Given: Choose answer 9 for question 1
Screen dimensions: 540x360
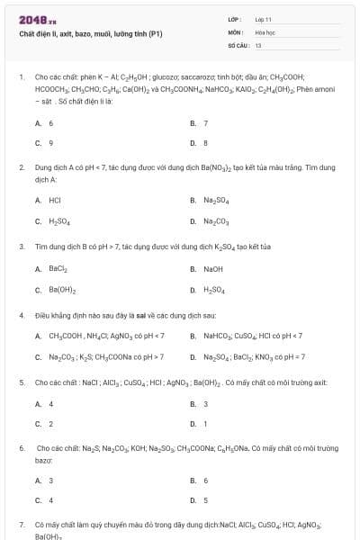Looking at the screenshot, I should (x=50, y=142).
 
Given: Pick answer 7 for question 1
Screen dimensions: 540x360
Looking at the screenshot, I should (x=205, y=122).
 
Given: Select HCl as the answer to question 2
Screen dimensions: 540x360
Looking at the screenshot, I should (x=55, y=200).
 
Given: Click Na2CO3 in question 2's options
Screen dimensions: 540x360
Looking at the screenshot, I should (x=215, y=220).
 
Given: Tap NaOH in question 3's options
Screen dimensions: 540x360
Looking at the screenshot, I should (x=212, y=268).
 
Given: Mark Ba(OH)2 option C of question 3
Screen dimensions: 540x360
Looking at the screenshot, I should (x=61, y=290).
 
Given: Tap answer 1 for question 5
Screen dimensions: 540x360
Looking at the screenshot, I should (x=205, y=424).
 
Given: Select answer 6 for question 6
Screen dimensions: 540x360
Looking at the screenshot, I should (x=205, y=481).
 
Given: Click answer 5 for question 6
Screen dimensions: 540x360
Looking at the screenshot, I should (x=205, y=500).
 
